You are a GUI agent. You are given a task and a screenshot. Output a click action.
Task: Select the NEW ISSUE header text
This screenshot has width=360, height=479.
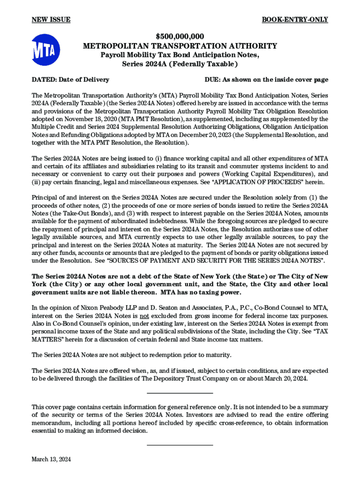tap(50, 20)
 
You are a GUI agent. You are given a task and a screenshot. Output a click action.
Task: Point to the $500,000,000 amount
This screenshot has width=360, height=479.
tap(180, 36)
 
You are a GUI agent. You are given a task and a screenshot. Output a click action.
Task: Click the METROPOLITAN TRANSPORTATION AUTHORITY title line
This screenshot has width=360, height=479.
tap(180, 46)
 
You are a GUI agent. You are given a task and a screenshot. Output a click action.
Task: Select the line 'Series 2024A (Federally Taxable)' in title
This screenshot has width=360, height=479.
tap(180, 64)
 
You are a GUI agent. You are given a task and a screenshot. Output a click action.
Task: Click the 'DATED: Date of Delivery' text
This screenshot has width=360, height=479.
tap(70, 80)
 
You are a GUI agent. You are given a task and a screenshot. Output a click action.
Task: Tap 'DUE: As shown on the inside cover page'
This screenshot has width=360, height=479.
tap(266, 80)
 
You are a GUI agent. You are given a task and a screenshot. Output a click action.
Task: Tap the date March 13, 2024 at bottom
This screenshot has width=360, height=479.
tap(51, 460)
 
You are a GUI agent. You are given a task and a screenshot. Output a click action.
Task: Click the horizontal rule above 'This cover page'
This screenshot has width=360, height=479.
tap(180, 393)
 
